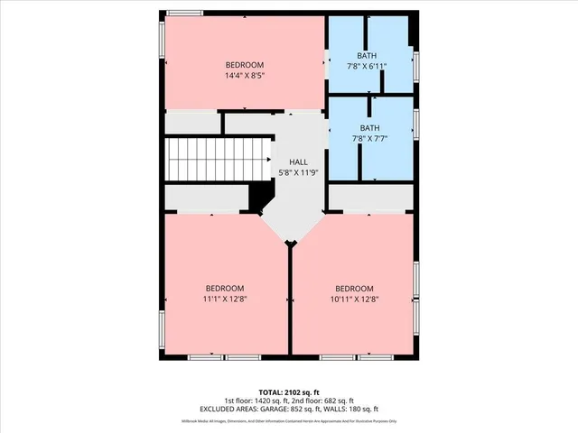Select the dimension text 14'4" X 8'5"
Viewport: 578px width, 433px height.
pyautogui.click(x=244, y=76)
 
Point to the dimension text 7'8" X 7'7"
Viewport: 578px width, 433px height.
pyautogui.click(x=369, y=139)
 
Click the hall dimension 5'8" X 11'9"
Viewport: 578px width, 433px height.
pyautogui.click(x=299, y=172)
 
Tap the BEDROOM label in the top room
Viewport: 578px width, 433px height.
pyautogui.click(x=244, y=65)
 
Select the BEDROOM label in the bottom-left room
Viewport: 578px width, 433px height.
pyautogui.click(x=225, y=288)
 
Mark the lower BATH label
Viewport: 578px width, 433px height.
pyautogui.click(x=369, y=128)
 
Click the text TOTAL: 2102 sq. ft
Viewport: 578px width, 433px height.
pyautogui.click(x=289, y=392)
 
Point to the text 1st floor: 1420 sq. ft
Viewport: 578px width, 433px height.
pyautogui.click(x=256, y=401)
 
